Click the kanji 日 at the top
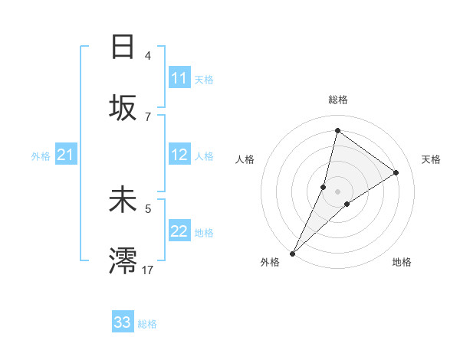(123, 47)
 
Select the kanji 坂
(123, 110)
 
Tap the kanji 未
(123, 200)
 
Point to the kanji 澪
(123, 261)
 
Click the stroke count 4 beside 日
(148, 56)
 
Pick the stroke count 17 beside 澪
(148, 270)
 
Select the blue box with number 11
(179, 78)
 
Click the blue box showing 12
(179, 155)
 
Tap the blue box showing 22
(179, 231)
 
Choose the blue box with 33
(123, 322)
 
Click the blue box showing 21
(66, 155)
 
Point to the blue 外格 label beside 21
(41, 156)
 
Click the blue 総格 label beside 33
(147, 324)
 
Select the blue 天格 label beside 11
(203, 79)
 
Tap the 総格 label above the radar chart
(337, 100)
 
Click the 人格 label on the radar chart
(245, 159)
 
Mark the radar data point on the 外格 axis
(292, 253)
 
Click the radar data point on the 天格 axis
(396, 173)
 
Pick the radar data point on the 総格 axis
(337, 130)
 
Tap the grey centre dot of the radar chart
(337, 191)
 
